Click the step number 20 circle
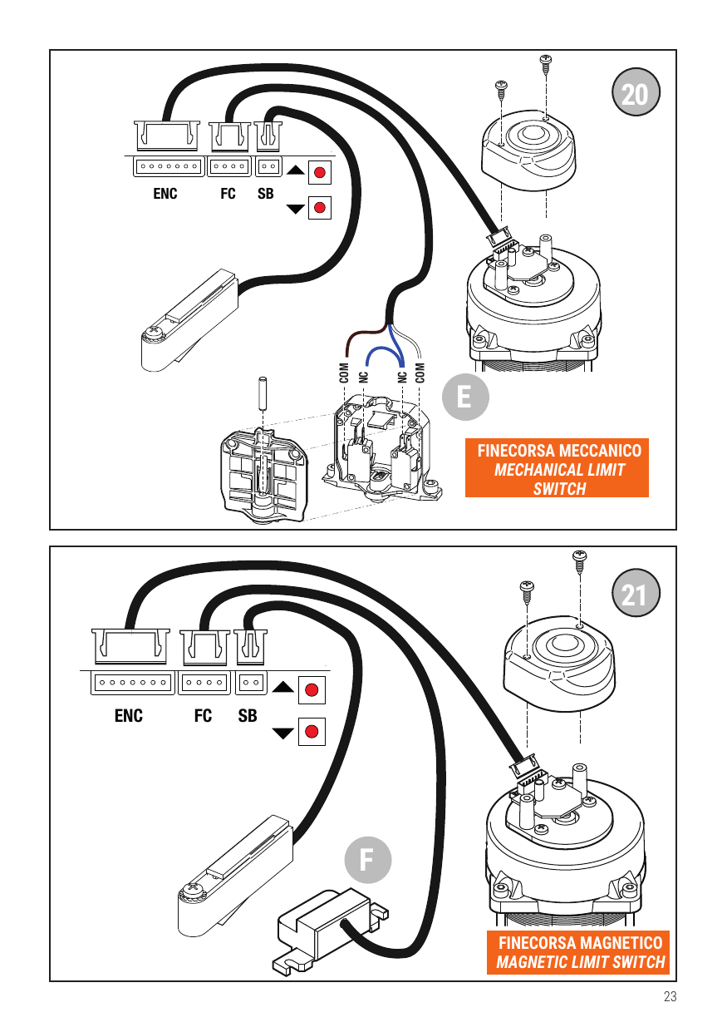tap(636, 92)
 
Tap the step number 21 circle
tap(636, 592)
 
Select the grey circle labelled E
tap(465, 397)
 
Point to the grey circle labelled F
tap(368, 860)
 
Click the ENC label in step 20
tap(165, 194)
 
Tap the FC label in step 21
tap(203, 715)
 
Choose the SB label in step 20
tap(266, 194)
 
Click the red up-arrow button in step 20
tap(320, 172)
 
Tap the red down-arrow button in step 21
tap(312, 732)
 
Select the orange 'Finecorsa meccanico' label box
tap(557, 467)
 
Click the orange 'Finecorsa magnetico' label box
tap(578, 952)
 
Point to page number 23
tap(670, 996)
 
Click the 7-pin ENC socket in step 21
tap(133, 683)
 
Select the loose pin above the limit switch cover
tap(263, 393)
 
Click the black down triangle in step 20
tap(295, 210)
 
